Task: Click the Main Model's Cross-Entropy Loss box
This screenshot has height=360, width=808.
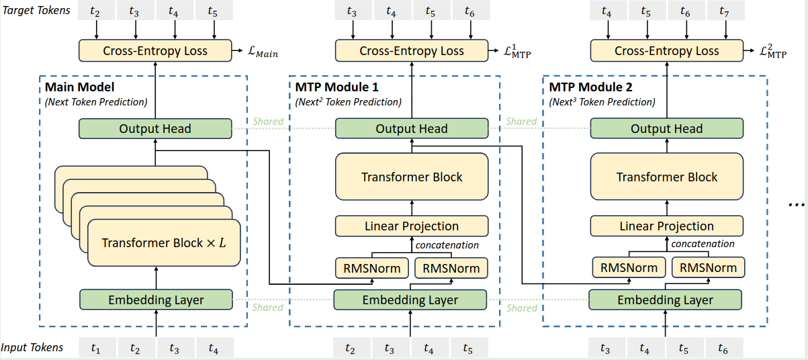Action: pos(155,50)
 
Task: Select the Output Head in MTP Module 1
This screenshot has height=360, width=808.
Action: pos(411,129)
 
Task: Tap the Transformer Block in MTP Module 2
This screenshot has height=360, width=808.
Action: pos(667,177)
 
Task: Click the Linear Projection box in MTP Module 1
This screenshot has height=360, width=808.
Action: pos(411,226)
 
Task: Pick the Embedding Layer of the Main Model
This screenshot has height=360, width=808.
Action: pos(156,300)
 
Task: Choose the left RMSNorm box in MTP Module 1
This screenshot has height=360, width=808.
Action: pos(372,269)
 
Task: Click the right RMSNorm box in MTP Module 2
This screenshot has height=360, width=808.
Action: pos(708,268)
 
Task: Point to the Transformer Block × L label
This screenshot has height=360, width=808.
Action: pos(164,242)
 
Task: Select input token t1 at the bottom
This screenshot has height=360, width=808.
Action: pos(96,348)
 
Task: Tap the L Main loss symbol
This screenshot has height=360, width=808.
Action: pos(263,52)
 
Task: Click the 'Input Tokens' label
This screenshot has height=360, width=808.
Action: pos(32,347)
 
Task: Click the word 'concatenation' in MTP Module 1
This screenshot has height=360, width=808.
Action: pos(447,245)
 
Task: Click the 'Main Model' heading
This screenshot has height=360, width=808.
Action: pos(79,87)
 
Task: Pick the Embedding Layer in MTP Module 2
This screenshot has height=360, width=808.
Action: pos(666,300)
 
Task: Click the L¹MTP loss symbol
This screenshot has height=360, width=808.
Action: pos(521,52)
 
